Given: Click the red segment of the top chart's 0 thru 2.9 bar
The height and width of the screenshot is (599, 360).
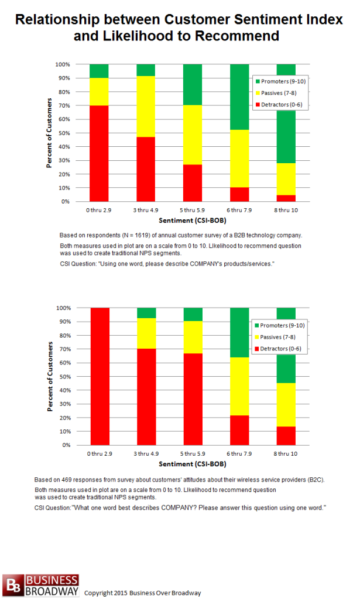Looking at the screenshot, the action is [x=99, y=153].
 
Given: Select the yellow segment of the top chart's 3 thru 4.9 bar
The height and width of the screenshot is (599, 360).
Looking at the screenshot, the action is [x=146, y=106].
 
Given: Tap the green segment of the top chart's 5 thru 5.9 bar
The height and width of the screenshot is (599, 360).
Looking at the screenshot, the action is [x=193, y=84].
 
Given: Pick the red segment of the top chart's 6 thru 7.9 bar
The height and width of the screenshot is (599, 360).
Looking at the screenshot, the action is [x=239, y=194].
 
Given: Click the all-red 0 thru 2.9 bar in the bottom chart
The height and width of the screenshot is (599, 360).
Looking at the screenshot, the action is [x=100, y=376].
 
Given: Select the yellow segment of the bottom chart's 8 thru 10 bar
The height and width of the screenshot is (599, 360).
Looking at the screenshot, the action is [x=286, y=405].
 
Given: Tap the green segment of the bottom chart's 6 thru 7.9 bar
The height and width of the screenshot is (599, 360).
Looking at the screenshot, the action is [x=239, y=332].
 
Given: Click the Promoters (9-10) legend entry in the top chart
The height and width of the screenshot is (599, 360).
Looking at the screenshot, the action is [x=280, y=81].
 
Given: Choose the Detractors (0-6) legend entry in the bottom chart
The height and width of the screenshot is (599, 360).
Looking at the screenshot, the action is [x=278, y=349].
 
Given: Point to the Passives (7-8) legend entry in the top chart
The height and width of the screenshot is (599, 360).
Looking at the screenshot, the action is [x=276, y=93].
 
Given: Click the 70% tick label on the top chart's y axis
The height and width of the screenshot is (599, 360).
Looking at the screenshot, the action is [x=64, y=105].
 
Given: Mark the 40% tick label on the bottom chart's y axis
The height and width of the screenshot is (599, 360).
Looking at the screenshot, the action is [x=65, y=390].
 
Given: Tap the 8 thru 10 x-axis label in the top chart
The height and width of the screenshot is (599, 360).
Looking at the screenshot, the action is [x=286, y=210].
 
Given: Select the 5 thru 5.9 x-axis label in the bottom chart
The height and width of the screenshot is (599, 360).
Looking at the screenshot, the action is [x=193, y=454].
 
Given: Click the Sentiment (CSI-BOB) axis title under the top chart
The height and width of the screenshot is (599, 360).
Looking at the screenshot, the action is [x=193, y=221].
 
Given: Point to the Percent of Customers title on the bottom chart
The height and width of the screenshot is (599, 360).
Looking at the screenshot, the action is [x=50, y=376].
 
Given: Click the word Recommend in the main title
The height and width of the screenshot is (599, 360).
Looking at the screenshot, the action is [x=237, y=36].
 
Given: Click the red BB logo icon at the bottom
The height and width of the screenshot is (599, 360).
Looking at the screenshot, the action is [x=13, y=585].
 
